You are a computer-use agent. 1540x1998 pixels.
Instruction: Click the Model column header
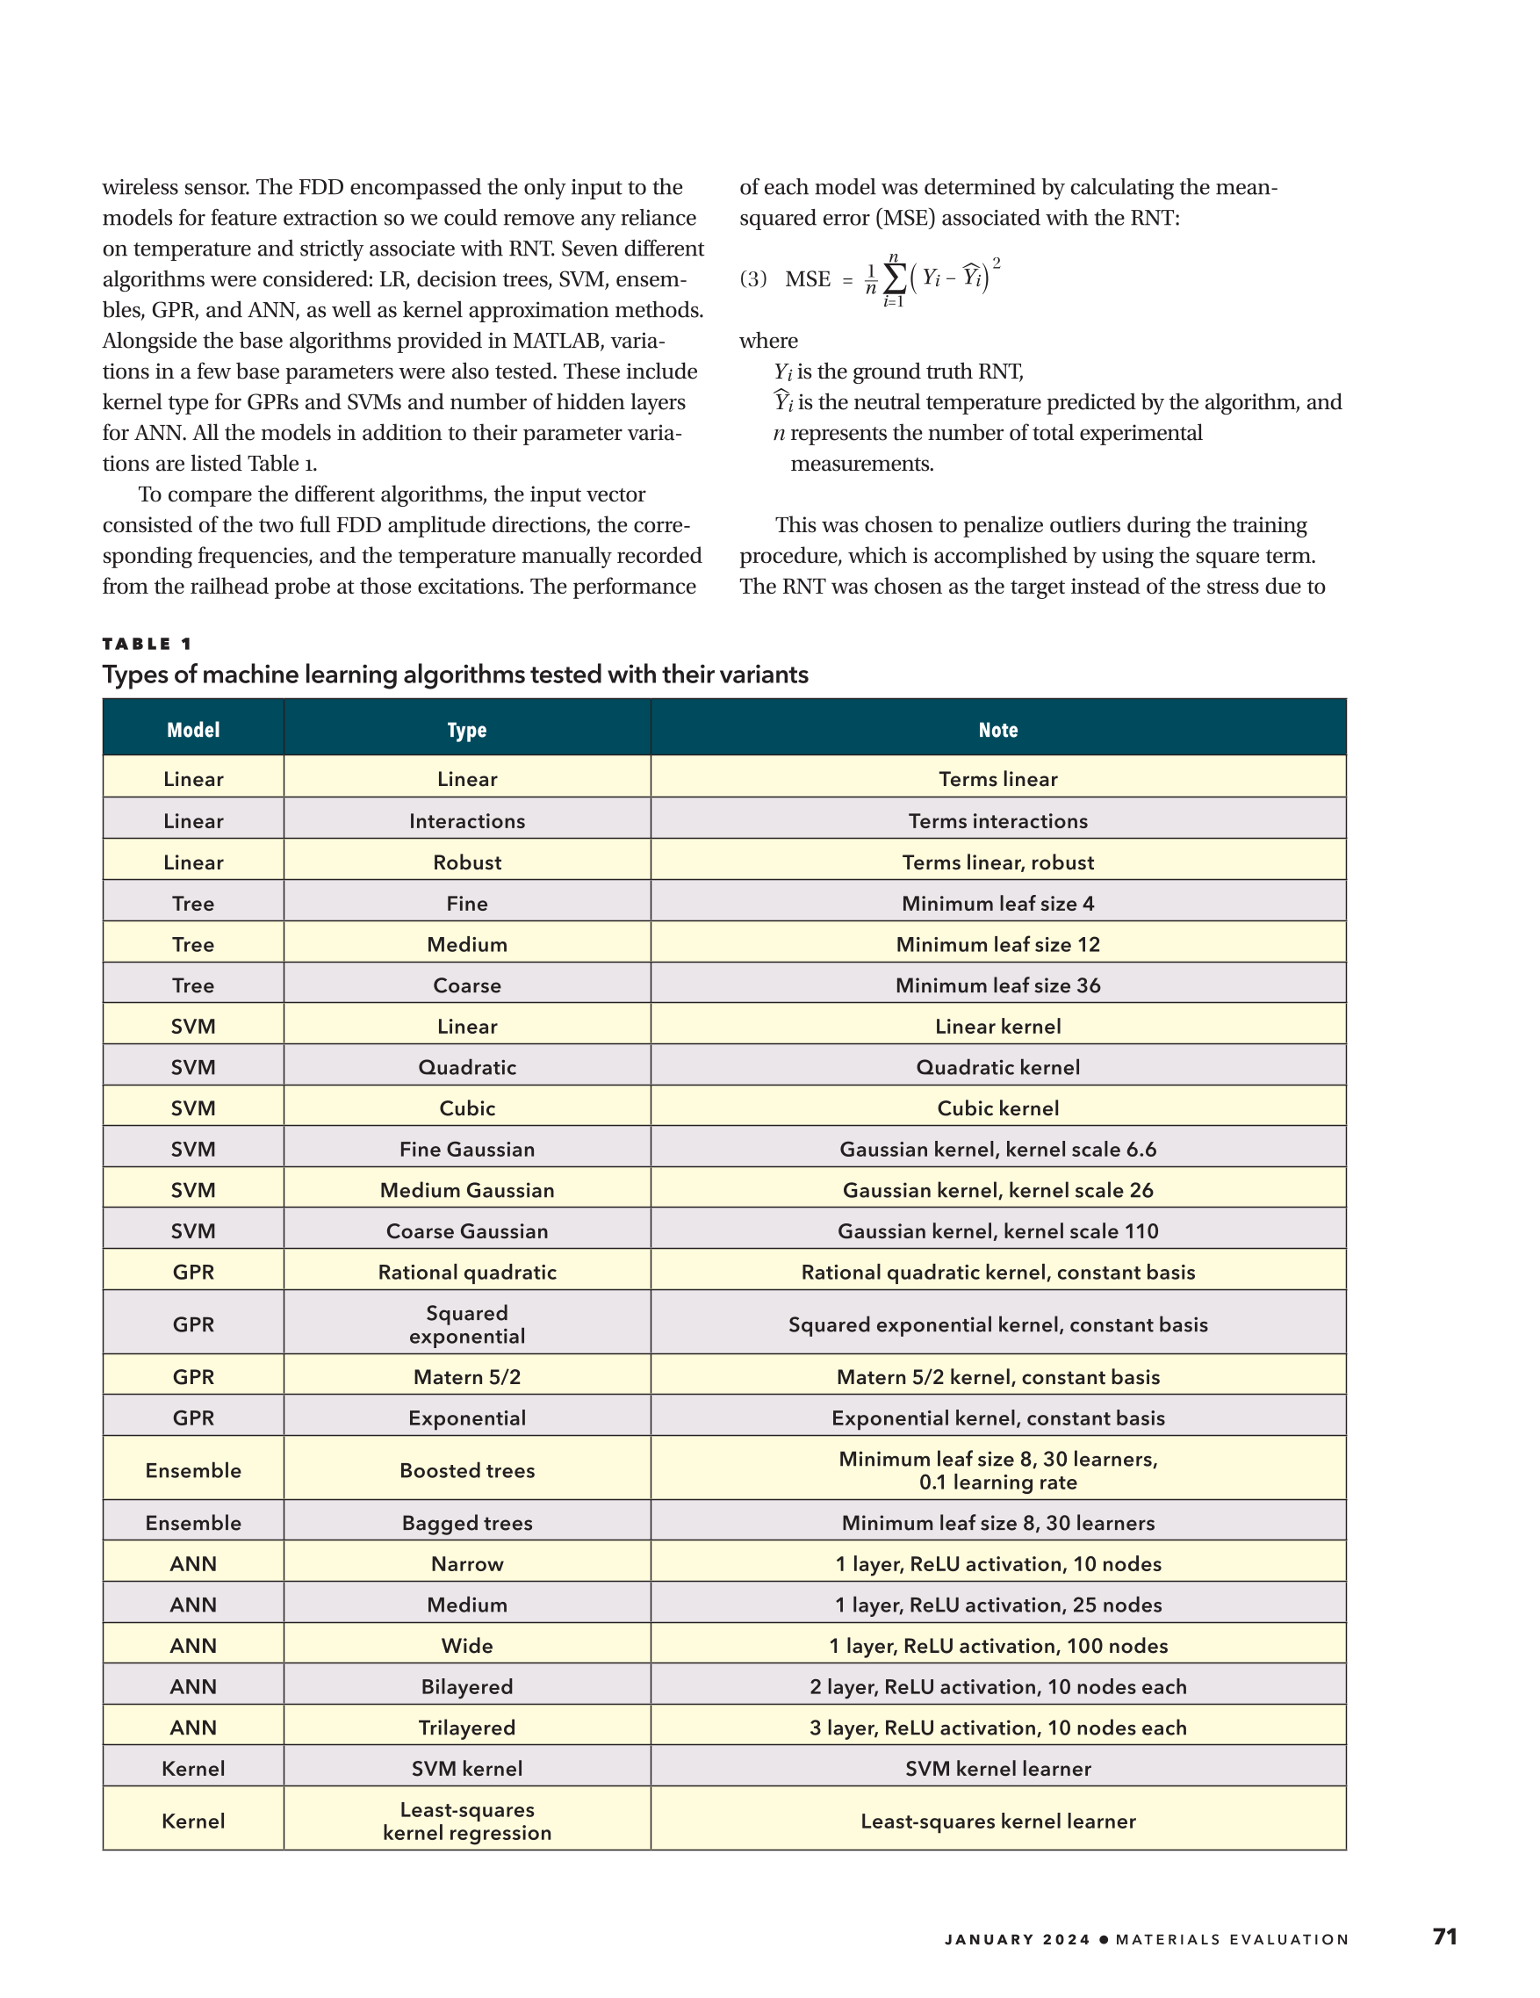tap(193, 729)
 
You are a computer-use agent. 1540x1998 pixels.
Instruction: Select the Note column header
tap(997, 729)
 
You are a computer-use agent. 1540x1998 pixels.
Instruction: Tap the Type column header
tap(466, 729)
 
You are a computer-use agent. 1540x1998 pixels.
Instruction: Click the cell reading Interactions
tap(466, 820)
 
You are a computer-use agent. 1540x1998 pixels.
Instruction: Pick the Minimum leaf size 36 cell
tap(997, 985)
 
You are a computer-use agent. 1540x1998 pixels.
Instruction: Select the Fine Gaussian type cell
tap(466, 1149)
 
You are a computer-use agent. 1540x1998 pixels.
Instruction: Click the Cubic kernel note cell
tap(997, 1107)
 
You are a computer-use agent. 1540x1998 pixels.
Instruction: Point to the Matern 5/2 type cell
tap(466, 1377)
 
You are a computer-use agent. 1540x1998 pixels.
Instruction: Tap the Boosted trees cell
tap(466, 1470)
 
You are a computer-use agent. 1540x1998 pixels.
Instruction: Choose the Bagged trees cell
tap(466, 1522)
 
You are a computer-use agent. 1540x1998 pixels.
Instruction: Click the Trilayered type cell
tap(466, 1728)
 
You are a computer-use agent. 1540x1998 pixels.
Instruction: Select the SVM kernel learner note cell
tap(997, 1769)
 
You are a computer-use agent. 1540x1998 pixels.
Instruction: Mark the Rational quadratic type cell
tap(466, 1272)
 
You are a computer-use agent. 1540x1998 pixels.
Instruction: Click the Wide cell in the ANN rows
tap(466, 1646)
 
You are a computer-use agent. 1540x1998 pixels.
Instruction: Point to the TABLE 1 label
tap(148, 644)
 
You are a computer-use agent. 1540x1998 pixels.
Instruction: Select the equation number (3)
tap(752, 279)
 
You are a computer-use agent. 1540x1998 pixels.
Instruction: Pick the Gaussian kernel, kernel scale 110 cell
tap(997, 1230)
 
